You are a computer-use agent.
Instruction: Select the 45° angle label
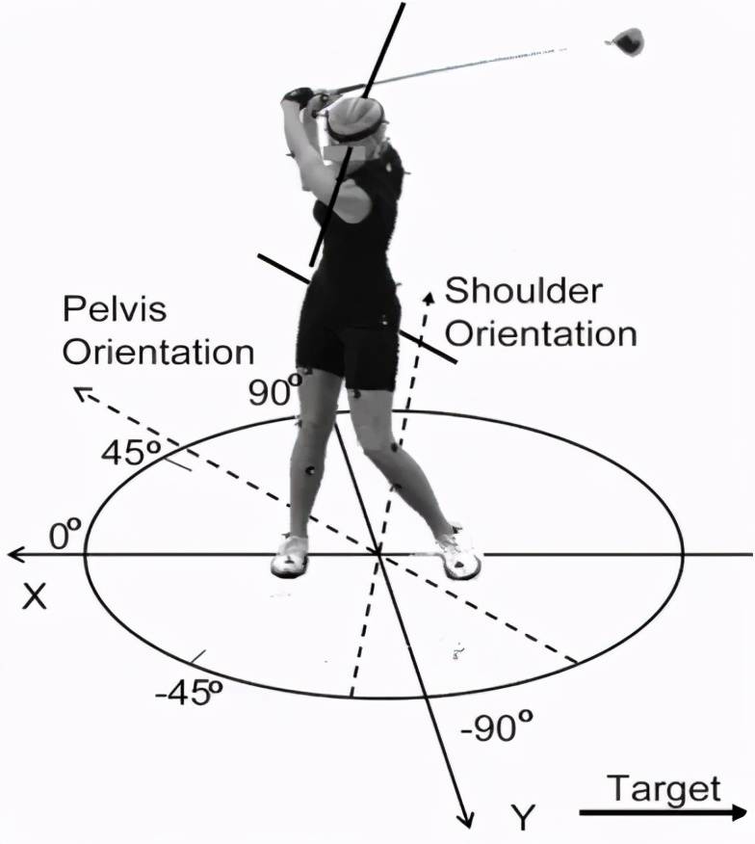131,451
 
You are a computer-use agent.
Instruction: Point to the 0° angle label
65,533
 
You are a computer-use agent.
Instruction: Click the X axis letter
35,597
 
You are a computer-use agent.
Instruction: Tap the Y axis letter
523,818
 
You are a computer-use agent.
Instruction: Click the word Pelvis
115,308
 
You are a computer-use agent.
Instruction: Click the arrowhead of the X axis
15,554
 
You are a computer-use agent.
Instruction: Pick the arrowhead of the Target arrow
738,812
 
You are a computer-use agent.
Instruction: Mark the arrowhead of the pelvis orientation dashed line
82,393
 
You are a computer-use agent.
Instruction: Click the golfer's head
356,122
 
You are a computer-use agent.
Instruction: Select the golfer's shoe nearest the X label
290,554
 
